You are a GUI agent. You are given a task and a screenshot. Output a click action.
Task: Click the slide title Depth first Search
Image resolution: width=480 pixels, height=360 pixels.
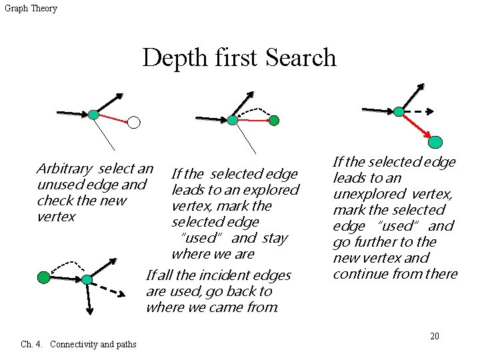click(239, 58)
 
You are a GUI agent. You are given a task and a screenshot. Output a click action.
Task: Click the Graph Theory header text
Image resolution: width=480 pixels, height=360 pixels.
click(31, 9)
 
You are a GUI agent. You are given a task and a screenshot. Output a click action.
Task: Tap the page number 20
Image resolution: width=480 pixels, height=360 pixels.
click(434, 336)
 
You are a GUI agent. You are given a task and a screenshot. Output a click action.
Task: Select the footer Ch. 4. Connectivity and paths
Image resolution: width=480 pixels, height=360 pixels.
click(79, 345)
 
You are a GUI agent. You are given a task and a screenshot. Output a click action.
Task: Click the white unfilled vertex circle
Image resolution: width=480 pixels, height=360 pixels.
click(134, 122)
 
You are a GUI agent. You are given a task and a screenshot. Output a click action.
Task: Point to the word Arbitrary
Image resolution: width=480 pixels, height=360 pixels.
click(65, 169)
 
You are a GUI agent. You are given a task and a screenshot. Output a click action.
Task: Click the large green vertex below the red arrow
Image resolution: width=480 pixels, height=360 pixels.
click(435, 141)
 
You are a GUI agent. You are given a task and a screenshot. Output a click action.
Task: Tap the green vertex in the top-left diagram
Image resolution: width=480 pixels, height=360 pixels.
click(93, 115)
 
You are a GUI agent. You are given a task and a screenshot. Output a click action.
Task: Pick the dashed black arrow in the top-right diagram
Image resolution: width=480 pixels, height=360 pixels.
click(419, 112)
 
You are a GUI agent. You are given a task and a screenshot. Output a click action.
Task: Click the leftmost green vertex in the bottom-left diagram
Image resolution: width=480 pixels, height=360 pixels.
click(43, 276)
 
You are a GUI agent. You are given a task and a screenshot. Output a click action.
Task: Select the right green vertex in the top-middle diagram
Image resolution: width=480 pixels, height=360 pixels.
click(274, 121)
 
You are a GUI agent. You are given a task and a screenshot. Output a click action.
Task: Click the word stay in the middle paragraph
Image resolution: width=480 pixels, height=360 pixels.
click(275, 238)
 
